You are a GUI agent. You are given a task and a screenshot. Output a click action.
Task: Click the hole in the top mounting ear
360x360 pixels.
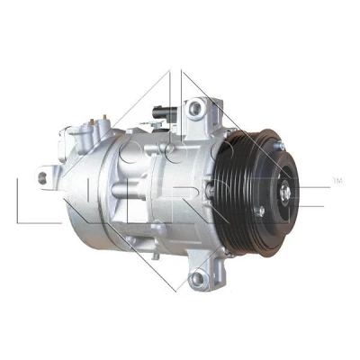tap(195, 106)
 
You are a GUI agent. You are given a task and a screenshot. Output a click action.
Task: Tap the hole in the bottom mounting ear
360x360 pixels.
tap(196, 278)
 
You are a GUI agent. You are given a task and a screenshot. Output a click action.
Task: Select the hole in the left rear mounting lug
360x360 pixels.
tap(42, 178)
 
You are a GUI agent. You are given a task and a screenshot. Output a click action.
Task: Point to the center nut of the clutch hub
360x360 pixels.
tap(285, 192)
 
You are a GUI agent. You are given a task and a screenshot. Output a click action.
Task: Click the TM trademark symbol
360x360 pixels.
tap(337, 181)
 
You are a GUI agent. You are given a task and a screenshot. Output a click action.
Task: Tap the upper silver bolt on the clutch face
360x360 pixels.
tap(280, 146)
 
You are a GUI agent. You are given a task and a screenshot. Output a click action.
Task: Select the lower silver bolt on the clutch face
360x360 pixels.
tap(259, 211)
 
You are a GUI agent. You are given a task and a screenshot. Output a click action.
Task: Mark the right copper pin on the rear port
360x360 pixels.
tap(104, 117)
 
